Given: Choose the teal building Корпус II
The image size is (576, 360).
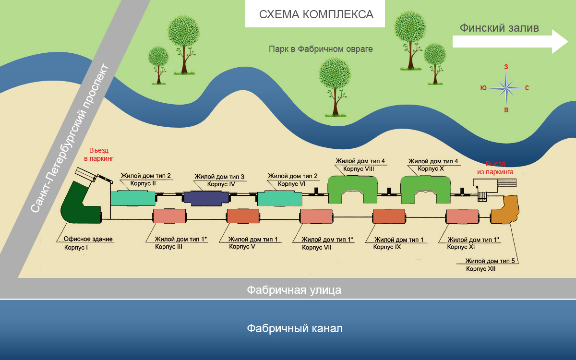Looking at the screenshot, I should pyautogui.click(x=133, y=197).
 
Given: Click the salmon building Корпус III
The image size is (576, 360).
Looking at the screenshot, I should pyautogui.click(x=169, y=217).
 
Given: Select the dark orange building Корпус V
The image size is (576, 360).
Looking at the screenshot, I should pyautogui.click(x=243, y=217).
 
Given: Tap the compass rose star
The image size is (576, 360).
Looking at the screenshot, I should pyautogui.click(x=506, y=88).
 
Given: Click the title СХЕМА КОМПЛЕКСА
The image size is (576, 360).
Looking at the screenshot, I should pyautogui.click(x=316, y=14).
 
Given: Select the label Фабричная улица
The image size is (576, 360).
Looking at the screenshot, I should pyautogui.click(x=294, y=290).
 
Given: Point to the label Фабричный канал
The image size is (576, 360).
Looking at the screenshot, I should pyautogui.click(x=295, y=329).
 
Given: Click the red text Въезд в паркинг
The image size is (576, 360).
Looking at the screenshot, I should pyautogui.click(x=99, y=154).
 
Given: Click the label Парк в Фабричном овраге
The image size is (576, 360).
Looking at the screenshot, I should pyautogui.click(x=321, y=49).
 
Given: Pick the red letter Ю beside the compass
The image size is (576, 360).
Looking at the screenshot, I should pyautogui.click(x=483, y=88).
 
